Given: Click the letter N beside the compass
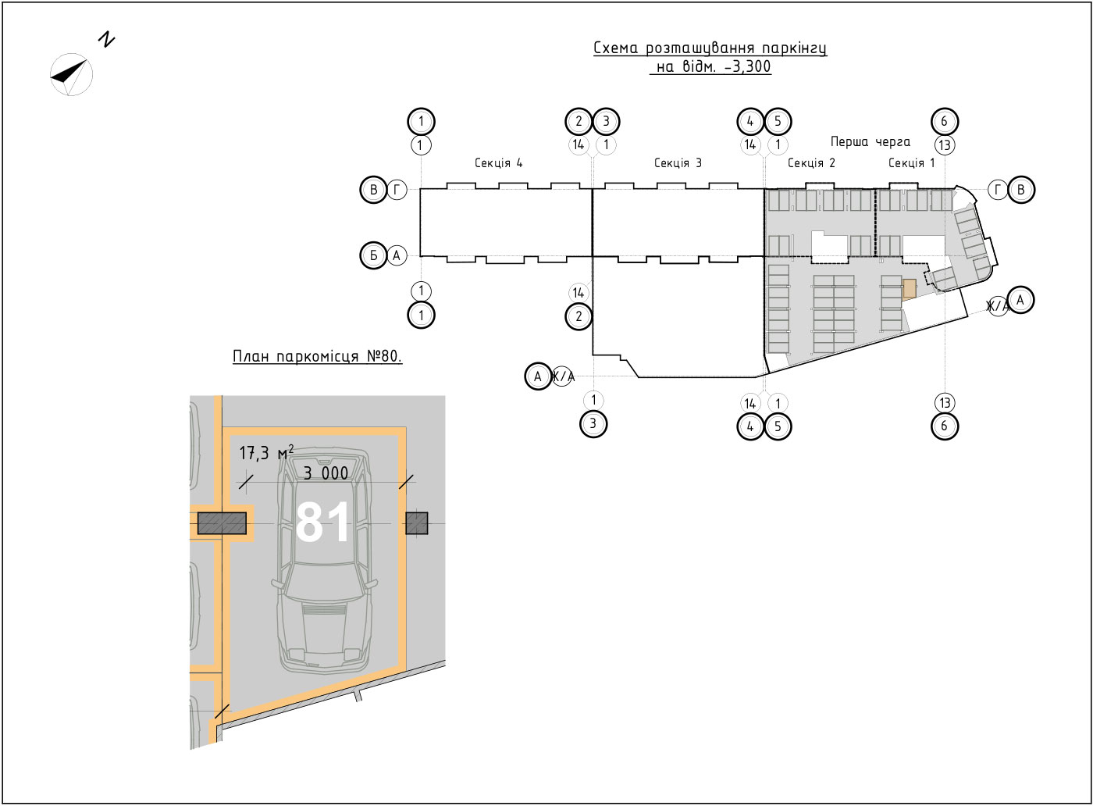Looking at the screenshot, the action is click(x=106, y=40).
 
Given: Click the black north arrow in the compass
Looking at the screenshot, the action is click(x=69, y=73).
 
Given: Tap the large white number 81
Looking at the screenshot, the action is click(x=322, y=522).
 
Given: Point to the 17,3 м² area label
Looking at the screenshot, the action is click(x=266, y=452).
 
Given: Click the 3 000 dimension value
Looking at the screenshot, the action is click(x=326, y=473).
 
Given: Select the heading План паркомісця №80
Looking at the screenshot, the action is click(x=317, y=356).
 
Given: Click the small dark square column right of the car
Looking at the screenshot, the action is click(x=417, y=522).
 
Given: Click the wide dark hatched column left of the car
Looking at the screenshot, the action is click(x=222, y=523).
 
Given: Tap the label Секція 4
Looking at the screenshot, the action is click(x=499, y=163).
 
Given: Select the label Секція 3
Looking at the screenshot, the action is click(x=678, y=163).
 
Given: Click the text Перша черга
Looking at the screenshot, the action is click(x=870, y=142).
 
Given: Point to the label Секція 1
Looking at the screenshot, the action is click(x=912, y=163).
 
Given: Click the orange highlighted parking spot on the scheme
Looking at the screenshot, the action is click(x=909, y=288).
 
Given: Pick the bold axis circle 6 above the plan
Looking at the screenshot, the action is click(x=944, y=121).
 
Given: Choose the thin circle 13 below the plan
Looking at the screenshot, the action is click(x=945, y=403).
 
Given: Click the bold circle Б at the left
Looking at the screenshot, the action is click(x=374, y=255).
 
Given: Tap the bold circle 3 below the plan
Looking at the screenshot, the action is click(x=593, y=423).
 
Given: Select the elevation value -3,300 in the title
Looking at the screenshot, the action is click(x=748, y=66).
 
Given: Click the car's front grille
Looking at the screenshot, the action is click(x=324, y=611).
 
